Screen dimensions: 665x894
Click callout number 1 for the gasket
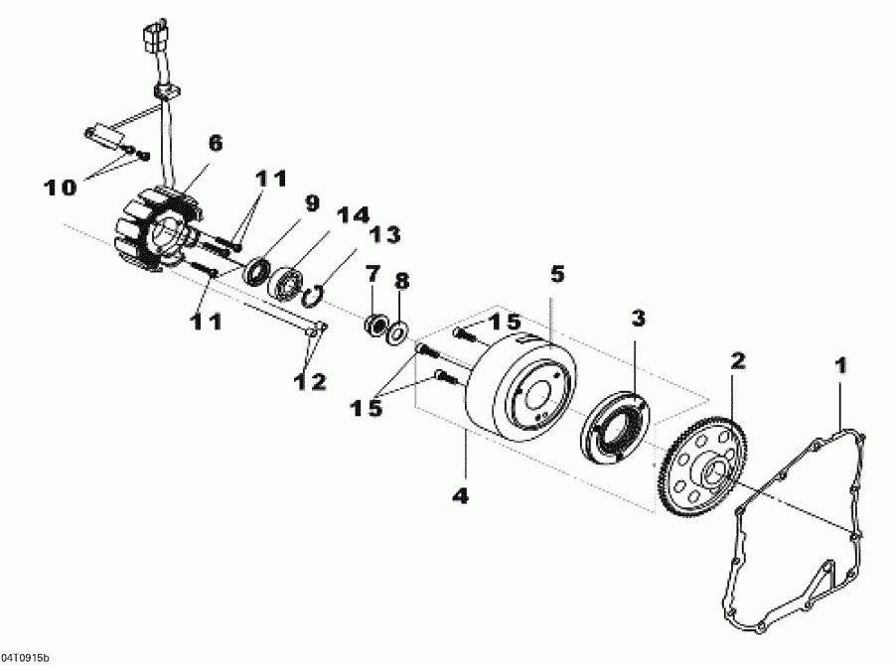pos(841,365)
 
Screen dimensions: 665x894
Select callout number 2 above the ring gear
pos(737,360)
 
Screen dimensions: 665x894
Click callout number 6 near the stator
pos(215,142)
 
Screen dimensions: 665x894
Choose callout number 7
pos(372,272)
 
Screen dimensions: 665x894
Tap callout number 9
pos(312,202)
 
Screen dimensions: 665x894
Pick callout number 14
pos(352,213)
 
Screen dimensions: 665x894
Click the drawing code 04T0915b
pos(26,657)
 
